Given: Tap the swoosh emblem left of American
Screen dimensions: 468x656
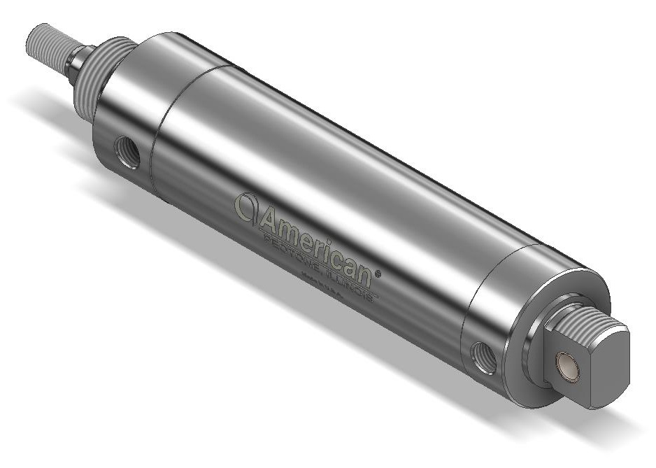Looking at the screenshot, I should coord(245,206).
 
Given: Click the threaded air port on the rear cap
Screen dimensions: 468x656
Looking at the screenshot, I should coord(484,357).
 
